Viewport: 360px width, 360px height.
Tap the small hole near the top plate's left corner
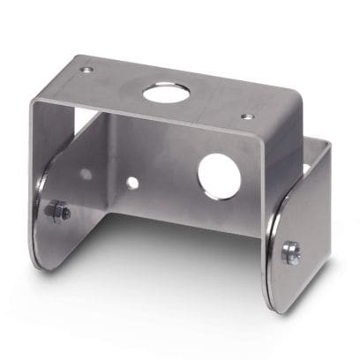pos(86,70)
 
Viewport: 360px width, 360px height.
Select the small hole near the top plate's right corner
pos(247,116)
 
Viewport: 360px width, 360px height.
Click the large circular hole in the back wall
pos(219,175)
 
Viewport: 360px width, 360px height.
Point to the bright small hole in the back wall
pos(132,183)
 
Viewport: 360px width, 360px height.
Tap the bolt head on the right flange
pos(289,252)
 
